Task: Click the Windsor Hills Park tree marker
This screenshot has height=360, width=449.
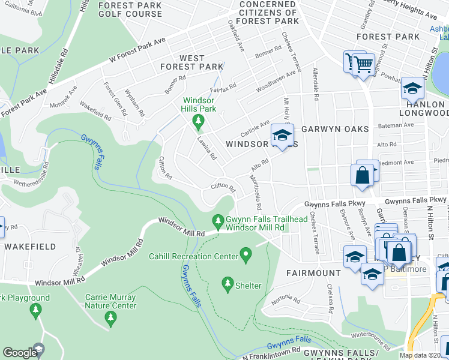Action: [197, 122]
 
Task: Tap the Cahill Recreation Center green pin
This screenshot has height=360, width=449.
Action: [245, 256]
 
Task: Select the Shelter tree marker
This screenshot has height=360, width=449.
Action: [228, 282]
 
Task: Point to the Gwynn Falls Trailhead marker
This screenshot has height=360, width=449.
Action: [218, 221]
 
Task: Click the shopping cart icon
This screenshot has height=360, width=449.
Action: [363, 62]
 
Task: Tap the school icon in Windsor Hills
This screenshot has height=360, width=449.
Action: [282, 134]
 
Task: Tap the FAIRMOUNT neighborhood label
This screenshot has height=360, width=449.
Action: [313, 273]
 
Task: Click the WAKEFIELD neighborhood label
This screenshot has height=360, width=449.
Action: [30, 247]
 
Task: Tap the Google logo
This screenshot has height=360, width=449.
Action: [19, 353]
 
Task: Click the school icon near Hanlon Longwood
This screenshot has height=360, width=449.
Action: [412, 88]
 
